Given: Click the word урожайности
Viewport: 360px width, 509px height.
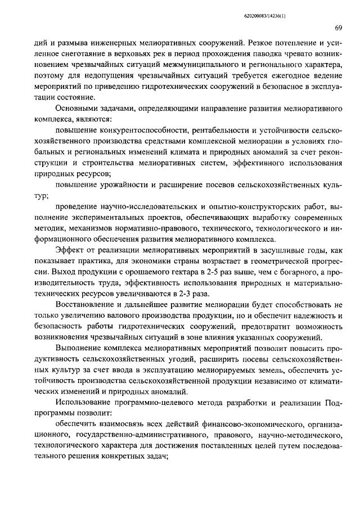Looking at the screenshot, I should point(131,184).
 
